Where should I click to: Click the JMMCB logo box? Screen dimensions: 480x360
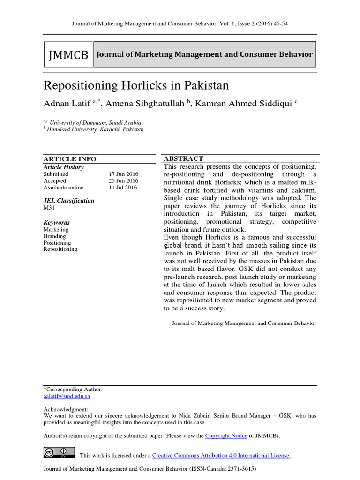[68, 55]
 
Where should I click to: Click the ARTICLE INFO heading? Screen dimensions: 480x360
[70, 159]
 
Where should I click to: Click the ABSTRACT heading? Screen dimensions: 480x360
[183, 159]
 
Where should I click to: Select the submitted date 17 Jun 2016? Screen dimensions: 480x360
[123, 174]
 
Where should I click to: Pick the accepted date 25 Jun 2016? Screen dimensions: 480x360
[123, 180]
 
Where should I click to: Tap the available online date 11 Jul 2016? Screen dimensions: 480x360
[123, 187]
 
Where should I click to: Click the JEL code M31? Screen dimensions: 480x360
[49, 207]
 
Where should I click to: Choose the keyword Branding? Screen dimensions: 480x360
[55, 236]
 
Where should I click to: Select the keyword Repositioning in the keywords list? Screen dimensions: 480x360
[60, 249]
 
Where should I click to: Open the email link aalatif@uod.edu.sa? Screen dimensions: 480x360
[67, 396]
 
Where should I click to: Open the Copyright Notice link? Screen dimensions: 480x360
[226, 435]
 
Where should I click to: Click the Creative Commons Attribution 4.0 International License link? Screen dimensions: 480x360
[221, 455]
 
